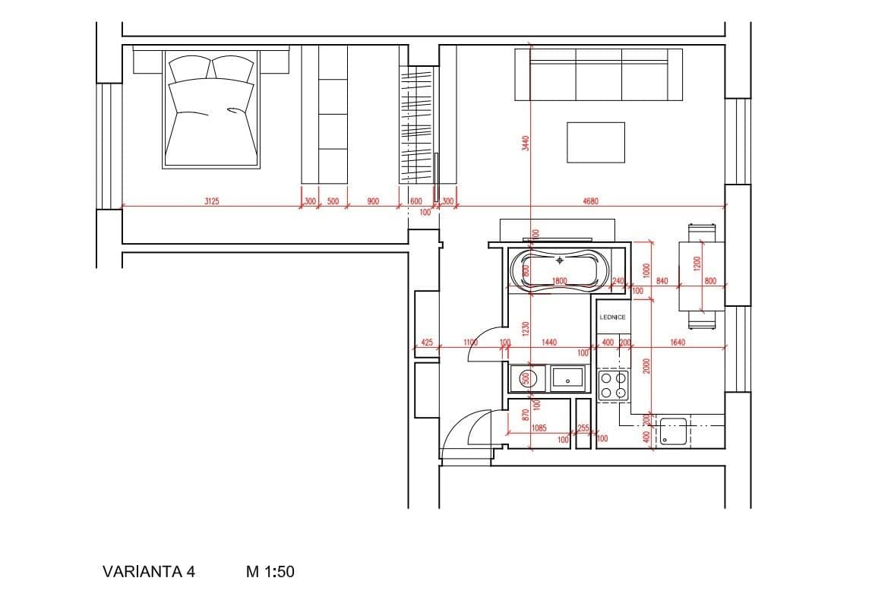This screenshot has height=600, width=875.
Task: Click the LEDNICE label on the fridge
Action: (x=612, y=317)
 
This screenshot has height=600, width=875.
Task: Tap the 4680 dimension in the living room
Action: (x=590, y=201)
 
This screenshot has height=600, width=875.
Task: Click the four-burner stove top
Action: (x=614, y=385)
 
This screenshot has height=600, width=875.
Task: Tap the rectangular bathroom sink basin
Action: (x=567, y=377)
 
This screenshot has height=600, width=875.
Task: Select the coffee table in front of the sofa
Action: (x=595, y=142)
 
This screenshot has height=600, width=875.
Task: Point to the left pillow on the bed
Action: (x=188, y=69)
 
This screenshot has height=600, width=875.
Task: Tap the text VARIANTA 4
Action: (x=148, y=572)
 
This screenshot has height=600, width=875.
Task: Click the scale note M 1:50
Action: (x=270, y=572)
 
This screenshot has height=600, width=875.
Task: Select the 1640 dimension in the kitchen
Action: (x=678, y=343)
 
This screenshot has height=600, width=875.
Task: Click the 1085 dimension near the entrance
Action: (x=539, y=428)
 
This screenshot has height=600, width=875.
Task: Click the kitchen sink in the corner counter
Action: (x=672, y=431)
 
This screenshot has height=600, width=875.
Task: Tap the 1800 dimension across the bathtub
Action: (x=560, y=281)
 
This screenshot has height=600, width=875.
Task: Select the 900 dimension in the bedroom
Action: (x=372, y=201)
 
